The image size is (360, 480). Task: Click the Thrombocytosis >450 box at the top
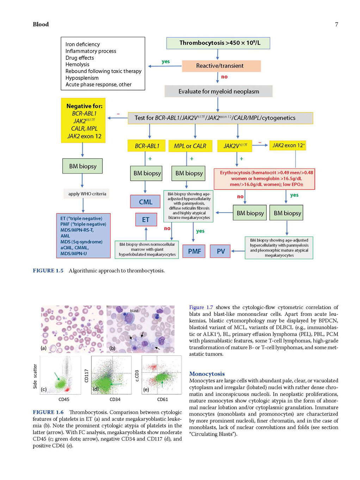point(218,43)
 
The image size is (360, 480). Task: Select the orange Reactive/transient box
point(221,66)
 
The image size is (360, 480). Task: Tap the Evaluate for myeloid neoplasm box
point(219,91)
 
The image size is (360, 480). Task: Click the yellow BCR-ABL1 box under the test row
point(147,146)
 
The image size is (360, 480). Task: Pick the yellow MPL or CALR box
point(190,146)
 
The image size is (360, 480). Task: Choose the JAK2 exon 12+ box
point(288,146)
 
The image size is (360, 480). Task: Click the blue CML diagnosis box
point(145,202)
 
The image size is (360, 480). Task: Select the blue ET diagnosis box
point(146,220)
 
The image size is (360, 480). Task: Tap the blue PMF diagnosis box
point(194,251)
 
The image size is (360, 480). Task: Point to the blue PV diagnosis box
point(220,251)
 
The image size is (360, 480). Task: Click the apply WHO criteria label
point(87,194)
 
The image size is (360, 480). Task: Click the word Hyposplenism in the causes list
point(82,78)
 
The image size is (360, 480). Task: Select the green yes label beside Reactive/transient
point(166,61)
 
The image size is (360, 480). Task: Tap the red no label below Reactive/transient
point(224,77)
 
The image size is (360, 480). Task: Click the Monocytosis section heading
point(207,374)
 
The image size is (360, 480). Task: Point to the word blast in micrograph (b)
point(134,310)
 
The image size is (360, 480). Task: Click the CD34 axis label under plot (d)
point(115,399)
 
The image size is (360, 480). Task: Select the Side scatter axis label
point(35,376)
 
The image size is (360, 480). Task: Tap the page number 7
point(336,24)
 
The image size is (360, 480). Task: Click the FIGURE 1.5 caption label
point(48,271)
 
